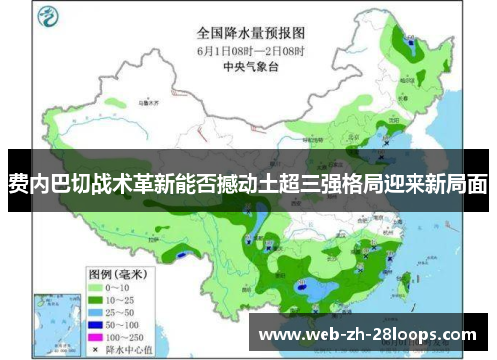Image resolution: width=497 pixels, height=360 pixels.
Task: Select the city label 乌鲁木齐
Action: (149, 101)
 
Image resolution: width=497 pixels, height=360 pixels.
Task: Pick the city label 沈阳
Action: (390, 118)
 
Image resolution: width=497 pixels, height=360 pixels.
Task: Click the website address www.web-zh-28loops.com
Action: (368, 334)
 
